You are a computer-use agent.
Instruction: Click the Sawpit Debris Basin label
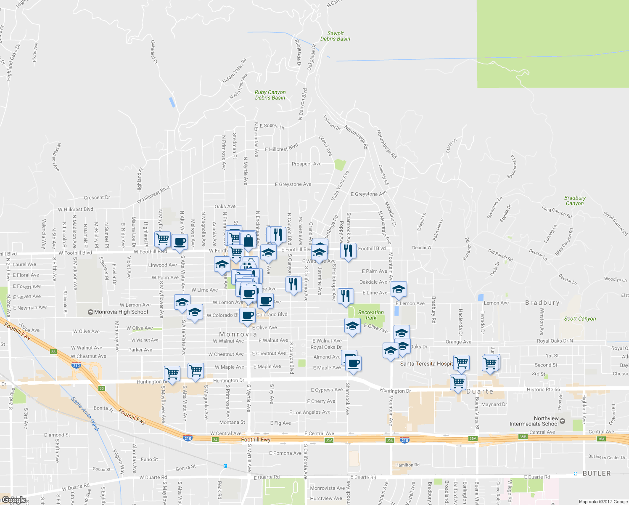[335, 36]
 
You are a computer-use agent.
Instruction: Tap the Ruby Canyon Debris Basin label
[270, 95]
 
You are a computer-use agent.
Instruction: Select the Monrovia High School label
[121, 312]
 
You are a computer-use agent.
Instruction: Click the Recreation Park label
[371, 315]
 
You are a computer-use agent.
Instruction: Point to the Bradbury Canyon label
[575, 201]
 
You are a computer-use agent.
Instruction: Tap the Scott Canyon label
[580, 319]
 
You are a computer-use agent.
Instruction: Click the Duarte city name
[480, 391]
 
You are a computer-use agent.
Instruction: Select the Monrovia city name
[238, 334]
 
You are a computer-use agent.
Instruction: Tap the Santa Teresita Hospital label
[426, 364]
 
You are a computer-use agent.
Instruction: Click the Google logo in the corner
[14, 500]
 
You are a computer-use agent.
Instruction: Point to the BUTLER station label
[597, 473]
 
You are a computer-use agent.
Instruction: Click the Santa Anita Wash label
[85, 414]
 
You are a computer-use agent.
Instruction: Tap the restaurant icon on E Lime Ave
[345, 295]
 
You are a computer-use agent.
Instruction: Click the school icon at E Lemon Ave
[399, 289]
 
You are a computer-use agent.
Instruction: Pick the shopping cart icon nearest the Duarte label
[458, 383]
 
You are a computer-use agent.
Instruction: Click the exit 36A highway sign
[601, 439]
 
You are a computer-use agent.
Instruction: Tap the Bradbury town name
[542, 303]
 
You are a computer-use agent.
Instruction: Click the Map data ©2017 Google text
[603, 502]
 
